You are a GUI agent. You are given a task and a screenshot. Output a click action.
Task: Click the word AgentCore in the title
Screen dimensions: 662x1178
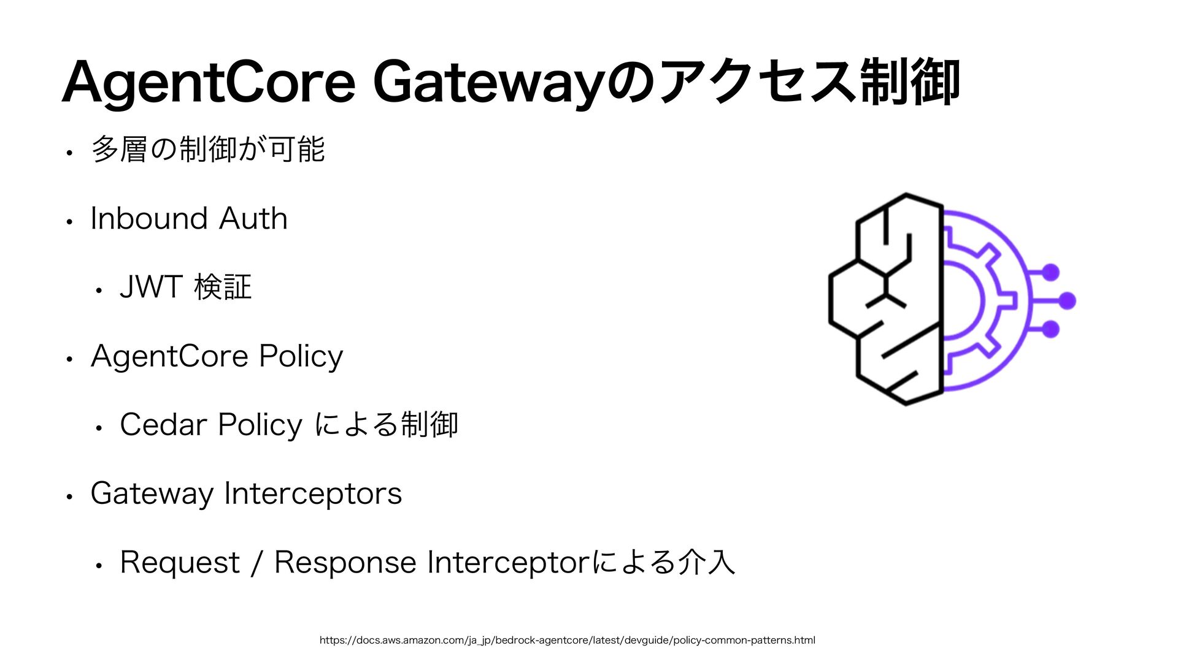pyautogui.click(x=209, y=83)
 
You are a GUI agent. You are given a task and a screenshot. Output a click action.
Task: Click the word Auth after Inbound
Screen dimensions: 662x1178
pyautogui.click(x=253, y=219)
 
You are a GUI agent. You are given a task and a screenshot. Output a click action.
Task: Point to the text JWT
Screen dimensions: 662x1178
pyautogui.click(x=151, y=287)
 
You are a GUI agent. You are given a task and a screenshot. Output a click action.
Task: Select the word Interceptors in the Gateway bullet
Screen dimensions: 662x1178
pyautogui.click(x=313, y=493)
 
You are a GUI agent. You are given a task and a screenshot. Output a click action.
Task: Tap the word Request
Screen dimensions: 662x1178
pyautogui.click(x=180, y=563)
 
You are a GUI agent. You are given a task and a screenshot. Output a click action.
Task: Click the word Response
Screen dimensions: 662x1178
pyautogui.click(x=345, y=563)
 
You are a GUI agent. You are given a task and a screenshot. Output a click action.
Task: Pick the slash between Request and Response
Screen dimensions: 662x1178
pyautogui.click(x=256, y=563)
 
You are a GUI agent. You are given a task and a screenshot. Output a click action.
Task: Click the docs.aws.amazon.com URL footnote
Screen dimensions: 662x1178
pyautogui.click(x=567, y=641)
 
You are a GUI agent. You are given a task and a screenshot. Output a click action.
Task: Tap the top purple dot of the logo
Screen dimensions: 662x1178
pyautogui.click(x=1051, y=272)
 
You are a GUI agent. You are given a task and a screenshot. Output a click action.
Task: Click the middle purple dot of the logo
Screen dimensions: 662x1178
pyautogui.click(x=1068, y=301)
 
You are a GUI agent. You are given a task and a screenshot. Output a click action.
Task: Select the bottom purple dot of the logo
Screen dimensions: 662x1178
pyautogui.click(x=1051, y=329)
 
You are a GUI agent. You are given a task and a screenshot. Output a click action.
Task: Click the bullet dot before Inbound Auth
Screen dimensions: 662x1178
pyautogui.click(x=71, y=221)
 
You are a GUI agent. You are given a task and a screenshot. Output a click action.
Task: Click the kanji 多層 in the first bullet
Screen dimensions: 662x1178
pyautogui.click(x=120, y=150)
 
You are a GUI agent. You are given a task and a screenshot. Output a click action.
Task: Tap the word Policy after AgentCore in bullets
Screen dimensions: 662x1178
pyautogui.click(x=301, y=357)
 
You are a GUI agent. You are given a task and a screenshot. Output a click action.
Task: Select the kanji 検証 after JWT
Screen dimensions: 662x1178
pyautogui.click(x=223, y=287)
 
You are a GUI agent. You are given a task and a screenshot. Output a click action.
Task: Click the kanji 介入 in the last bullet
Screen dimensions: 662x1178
pyautogui.click(x=707, y=563)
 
